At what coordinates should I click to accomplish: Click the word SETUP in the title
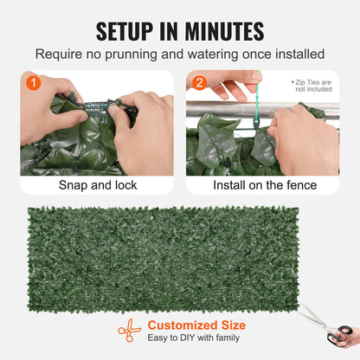(131, 31)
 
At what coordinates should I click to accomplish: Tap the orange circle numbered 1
(34, 84)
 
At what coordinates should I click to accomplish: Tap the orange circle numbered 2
(200, 84)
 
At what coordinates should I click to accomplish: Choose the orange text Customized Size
(196, 325)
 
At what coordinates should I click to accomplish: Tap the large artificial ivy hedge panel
(179, 257)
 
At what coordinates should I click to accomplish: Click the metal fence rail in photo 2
(216, 110)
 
